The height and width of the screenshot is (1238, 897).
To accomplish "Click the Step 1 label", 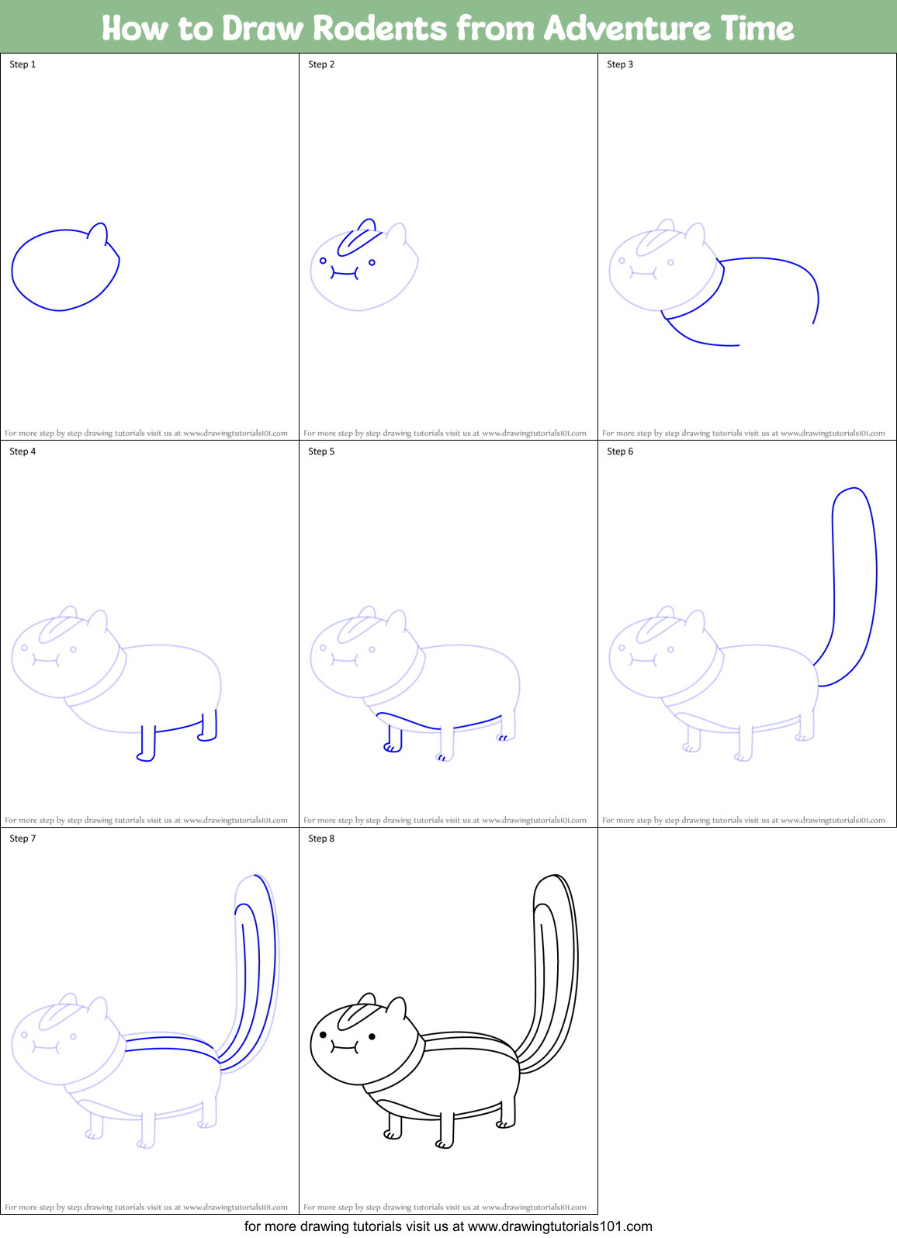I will point(23,64).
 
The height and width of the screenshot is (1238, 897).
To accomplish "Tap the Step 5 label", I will point(321,451).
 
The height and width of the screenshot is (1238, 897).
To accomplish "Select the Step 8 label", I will point(321,839).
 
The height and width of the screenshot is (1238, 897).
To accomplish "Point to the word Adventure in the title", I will point(625,29).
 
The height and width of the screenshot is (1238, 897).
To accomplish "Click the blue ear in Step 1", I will point(98,232).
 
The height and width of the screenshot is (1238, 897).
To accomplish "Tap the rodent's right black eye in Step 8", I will point(372,1036).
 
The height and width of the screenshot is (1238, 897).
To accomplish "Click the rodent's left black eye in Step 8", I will point(324,1034).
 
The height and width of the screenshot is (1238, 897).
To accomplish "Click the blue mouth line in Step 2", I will point(345,273).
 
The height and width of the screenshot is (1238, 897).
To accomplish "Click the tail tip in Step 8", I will point(553,878).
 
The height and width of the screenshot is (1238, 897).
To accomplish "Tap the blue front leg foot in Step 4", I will point(145,757).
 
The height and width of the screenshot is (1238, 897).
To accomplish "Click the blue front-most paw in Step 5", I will point(391,748).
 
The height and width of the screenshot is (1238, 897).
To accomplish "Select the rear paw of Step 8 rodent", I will point(504,1125).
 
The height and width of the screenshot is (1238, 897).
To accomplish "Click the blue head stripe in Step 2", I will point(358,239).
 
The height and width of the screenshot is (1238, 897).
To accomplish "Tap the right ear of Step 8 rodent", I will point(397,1008).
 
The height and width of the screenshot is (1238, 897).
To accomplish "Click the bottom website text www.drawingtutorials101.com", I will point(559,1226).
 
